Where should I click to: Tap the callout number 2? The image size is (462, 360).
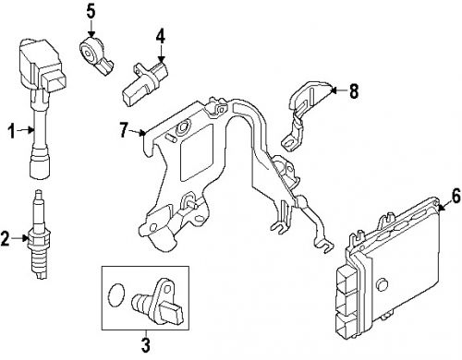point(6,240)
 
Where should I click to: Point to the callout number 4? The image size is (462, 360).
point(160,36)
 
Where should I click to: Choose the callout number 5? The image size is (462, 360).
point(91,11)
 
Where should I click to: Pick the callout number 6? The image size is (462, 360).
point(455,195)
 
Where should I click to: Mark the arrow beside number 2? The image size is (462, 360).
point(22,240)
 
